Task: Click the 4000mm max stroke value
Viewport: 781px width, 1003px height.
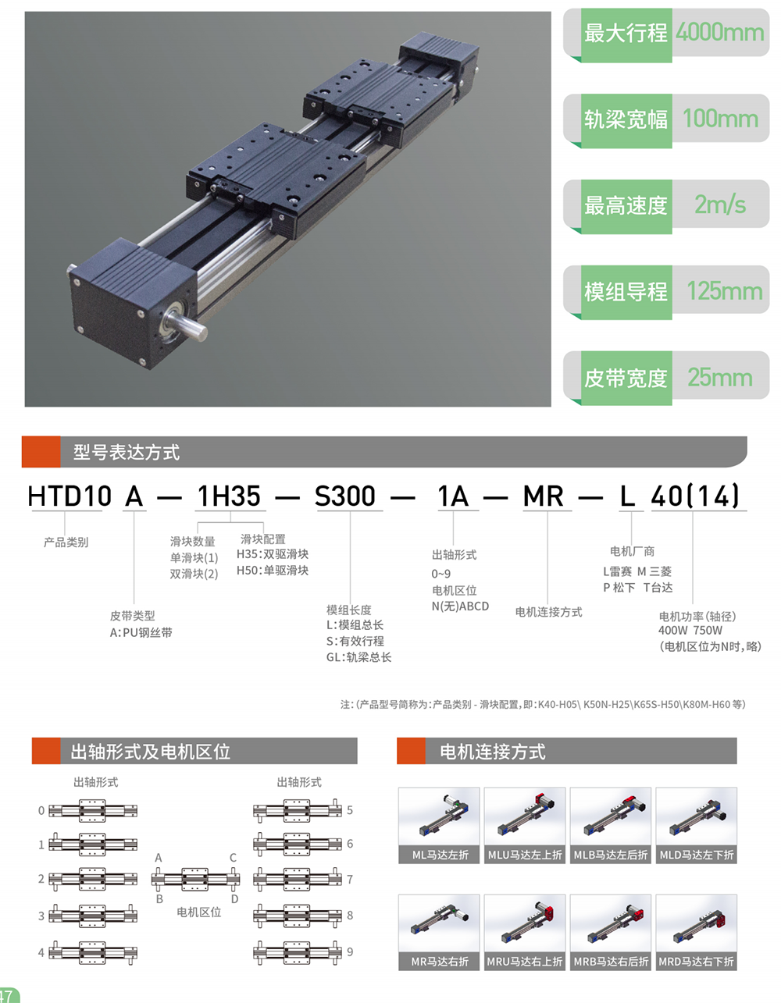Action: pyautogui.click(x=719, y=32)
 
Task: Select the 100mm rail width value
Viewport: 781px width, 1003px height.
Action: pyautogui.click(x=721, y=119)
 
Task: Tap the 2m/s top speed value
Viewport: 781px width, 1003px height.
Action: pyautogui.click(x=720, y=205)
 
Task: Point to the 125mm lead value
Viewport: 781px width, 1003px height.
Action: pyautogui.click(x=724, y=291)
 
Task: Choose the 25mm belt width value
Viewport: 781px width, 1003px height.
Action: pyautogui.click(x=720, y=377)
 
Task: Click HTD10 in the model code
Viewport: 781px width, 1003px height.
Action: pyautogui.click(x=70, y=496)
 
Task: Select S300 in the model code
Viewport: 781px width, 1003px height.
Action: pyautogui.click(x=345, y=496)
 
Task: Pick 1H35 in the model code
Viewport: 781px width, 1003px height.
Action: pyautogui.click(x=229, y=496)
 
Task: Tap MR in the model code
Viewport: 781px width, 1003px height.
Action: pyautogui.click(x=543, y=496)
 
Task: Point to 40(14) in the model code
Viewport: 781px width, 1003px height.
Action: pyautogui.click(x=696, y=496)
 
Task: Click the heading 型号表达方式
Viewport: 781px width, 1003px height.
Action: pyautogui.click(x=126, y=452)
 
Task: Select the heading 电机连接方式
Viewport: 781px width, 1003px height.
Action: pyautogui.click(x=493, y=752)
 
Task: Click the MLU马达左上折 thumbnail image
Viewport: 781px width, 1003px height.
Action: pyautogui.click(x=525, y=817)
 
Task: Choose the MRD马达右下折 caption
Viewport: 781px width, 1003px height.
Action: pyautogui.click(x=696, y=962)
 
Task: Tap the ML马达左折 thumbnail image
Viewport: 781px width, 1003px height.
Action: pyautogui.click(x=439, y=817)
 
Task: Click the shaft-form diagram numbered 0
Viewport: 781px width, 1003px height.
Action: pyautogui.click(x=93, y=810)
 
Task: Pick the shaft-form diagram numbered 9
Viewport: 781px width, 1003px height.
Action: pyautogui.click(x=298, y=951)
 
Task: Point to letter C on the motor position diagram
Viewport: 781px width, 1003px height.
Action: pyautogui.click(x=234, y=858)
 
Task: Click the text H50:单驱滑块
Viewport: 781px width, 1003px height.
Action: pyautogui.click(x=273, y=571)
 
